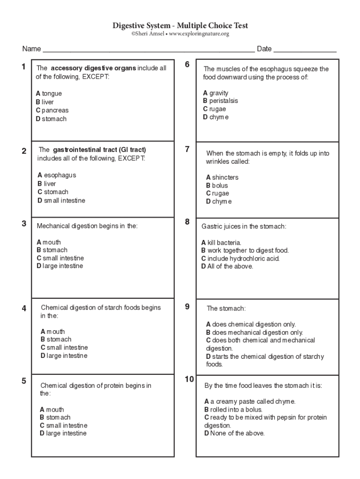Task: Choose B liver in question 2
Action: [47, 184]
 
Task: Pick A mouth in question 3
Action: [49, 242]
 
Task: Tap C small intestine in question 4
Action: [64, 348]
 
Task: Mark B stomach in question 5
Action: [55, 417]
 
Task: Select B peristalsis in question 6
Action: [220, 101]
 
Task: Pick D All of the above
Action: [227, 266]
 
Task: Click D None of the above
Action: [234, 433]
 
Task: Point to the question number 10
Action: [189, 379]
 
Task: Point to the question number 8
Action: [187, 222]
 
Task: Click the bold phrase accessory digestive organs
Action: [94, 68]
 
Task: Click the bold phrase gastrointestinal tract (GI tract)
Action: [99, 150]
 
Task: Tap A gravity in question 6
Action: [216, 93]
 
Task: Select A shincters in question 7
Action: [222, 177]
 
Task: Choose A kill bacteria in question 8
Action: [221, 242]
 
